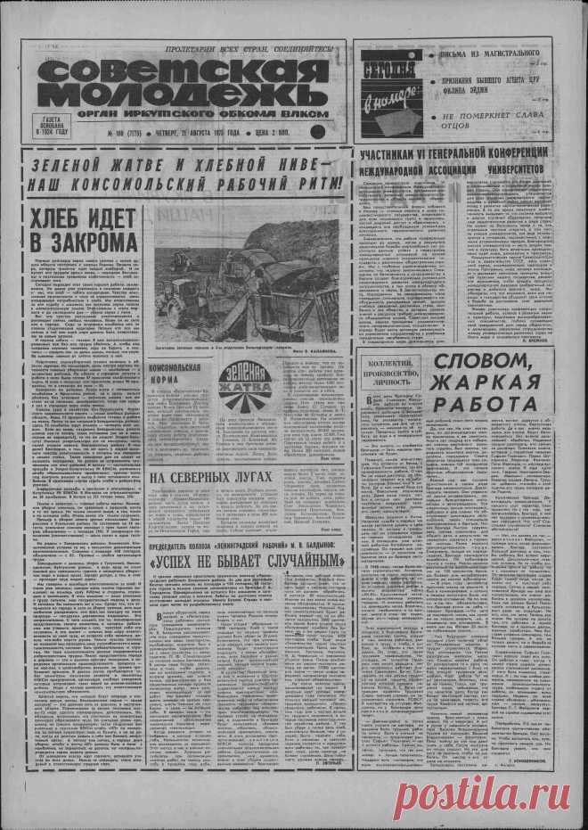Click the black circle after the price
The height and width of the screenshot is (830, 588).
(x=315, y=132)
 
